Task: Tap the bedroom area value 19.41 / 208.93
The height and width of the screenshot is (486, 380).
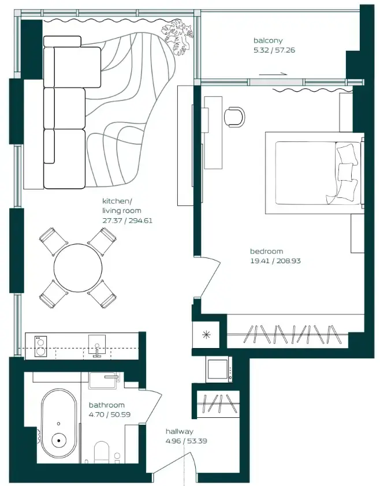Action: tap(275, 261)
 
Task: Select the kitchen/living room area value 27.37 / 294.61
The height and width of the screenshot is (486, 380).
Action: tap(127, 220)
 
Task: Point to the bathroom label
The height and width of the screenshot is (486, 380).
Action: tap(107, 405)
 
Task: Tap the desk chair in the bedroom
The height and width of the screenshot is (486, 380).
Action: tap(234, 116)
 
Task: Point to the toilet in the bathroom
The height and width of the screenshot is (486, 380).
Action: tap(103, 453)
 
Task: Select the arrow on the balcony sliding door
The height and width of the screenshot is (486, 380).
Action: tap(273, 74)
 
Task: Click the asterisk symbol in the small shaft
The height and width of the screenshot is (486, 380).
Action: tap(205, 336)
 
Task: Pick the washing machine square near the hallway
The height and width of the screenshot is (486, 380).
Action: tap(219, 369)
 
